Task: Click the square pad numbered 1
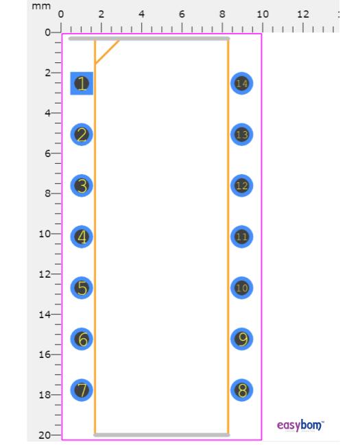pyautogui.click(x=82, y=84)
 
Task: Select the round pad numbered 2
pyautogui.click(x=82, y=134)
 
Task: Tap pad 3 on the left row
pyautogui.click(x=82, y=186)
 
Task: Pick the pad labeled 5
pyautogui.click(x=82, y=288)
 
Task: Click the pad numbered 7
pyautogui.click(x=82, y=390)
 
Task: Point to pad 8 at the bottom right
pyautogui.click(x=241, y=390)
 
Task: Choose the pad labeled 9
pyautogui.click(x=241, y=339)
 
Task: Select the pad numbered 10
pyautogui.click(x=241, y=288)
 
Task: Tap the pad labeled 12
pyautogui.click(x=241, y=186)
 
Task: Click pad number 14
pyautogui.click(x=241, y=84)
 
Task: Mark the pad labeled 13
pyautogui.click(x=241, y=134)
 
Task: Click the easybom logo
pyautogui.click(x=300, y=425)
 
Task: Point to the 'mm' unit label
pyautogui.click(x=41, y=6)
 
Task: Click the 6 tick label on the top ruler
pyautogui.click(x=182, y=14)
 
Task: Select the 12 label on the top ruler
pyautogui.click(x=303, y=14)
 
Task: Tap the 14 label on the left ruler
pyautogui.click(x=45, y=315)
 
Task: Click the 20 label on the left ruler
pyautogui.click(x=45, y=435)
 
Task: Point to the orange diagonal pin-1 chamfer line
pyautogui.click(x=107, y=52)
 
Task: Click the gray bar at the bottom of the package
pyautogui.click(x=162, y=435)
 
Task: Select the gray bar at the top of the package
pyautogui.click(x=149, y=38)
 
